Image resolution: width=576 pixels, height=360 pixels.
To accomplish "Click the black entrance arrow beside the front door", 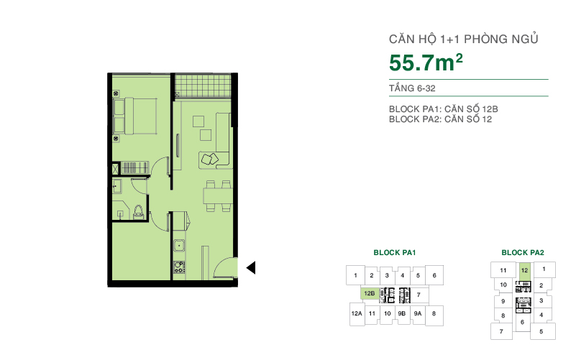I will [x=251, y=268].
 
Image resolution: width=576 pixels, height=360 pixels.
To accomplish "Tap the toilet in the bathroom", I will [x=138, y=211].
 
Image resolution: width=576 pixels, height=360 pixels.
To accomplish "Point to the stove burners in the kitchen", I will [x=178, y=269].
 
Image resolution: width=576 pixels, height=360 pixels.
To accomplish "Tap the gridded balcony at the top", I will [x=203, y=86].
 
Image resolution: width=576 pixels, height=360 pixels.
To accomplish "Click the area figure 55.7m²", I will [x=425, y=63].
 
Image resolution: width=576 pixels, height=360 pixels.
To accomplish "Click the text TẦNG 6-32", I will [x=412, y=88].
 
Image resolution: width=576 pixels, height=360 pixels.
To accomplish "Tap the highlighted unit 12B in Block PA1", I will [x=369, y=294].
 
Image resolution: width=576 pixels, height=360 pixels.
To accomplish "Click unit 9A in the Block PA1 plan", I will [x=418, y=314].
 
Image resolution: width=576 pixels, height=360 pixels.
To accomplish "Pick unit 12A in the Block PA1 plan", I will [x=356, y=314].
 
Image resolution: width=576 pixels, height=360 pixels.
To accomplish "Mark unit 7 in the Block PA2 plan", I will [x=500, y=331].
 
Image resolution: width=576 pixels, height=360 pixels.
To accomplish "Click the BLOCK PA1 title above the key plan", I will [x=395, y=253].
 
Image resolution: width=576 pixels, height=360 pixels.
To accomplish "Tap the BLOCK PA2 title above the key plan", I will [x=522, y=253].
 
